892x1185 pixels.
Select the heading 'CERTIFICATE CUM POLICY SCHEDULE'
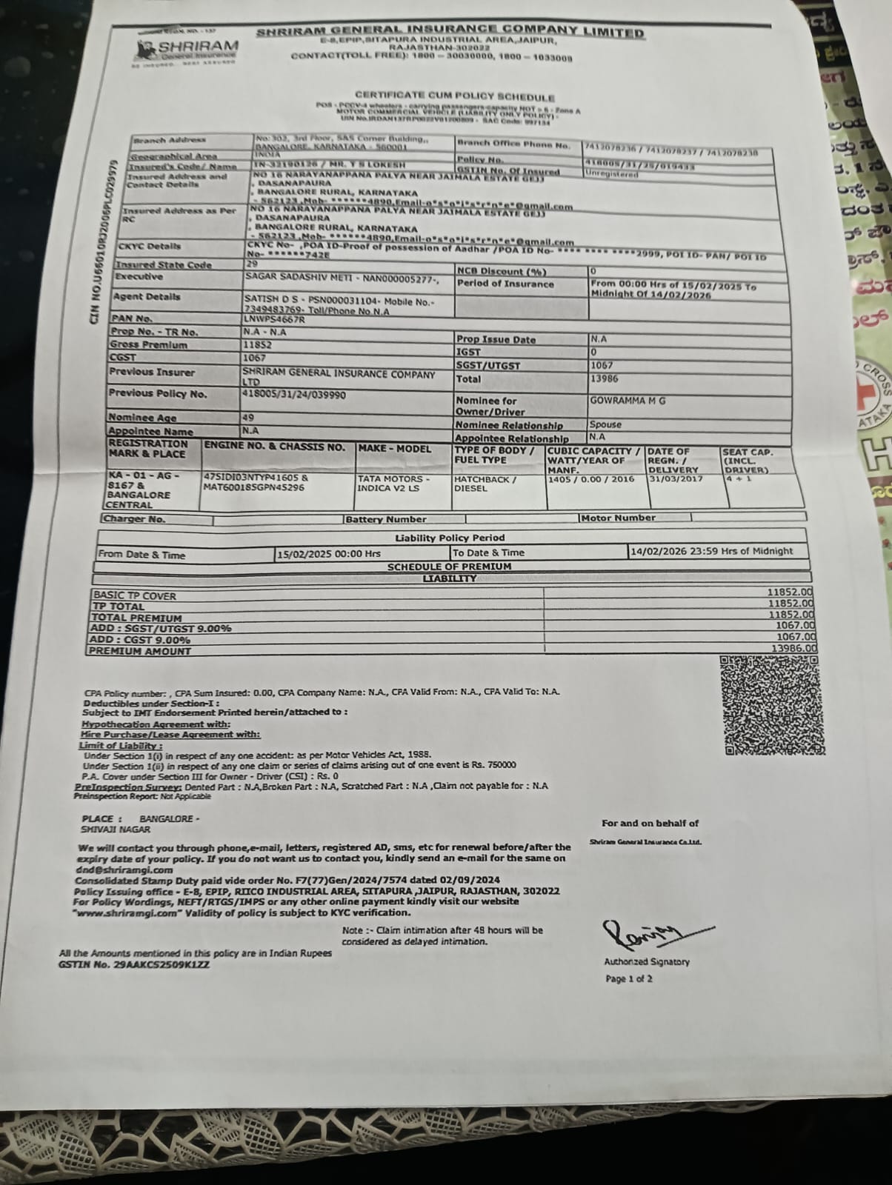[x=454, y=96]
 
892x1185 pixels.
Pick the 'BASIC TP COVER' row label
[x=134, y=595]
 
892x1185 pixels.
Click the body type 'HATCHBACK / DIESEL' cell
[x=485, y=484]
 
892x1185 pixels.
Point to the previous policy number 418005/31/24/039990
[x=294, y=395]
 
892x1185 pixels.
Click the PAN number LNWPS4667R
[x=274, y=319]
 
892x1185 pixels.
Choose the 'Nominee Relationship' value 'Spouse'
[x=605, y=424]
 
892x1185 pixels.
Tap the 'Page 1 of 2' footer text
[x=629, y=979]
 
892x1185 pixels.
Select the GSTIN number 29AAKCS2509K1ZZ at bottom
[x=134, y=965]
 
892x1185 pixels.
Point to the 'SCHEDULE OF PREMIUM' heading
[x=449, y=567]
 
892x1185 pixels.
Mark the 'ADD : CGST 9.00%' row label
[x=140, y=640]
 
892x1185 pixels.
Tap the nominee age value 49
[x=248, y=418]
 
